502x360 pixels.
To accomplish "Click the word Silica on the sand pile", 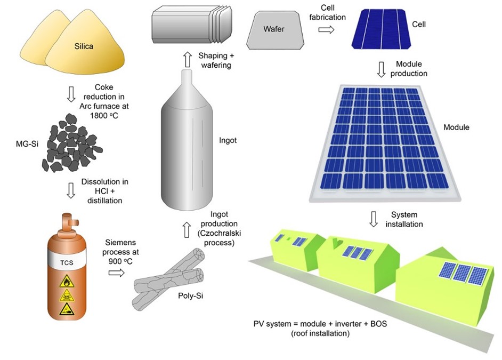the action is (84, 46).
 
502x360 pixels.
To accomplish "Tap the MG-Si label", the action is (27, 144).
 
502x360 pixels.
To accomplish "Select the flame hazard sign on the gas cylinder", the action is (67, 281).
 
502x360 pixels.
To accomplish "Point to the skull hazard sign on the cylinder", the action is (67, 295).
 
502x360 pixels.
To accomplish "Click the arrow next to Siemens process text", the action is (117, 273).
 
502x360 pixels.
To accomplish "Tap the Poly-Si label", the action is (190, 295).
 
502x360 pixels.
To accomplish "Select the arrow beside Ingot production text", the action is (187, 230).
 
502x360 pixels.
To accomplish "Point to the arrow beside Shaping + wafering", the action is (187, 60).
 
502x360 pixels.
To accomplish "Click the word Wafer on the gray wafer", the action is (274, 29).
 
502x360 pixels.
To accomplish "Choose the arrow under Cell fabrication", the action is (326, 30).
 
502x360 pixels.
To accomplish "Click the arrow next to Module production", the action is (381, 69).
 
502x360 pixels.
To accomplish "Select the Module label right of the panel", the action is (456, 127).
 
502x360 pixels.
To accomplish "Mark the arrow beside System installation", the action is (373, 219).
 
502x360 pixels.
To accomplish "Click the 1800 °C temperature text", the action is (104, 116).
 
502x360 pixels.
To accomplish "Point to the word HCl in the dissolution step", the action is (100, 191).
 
